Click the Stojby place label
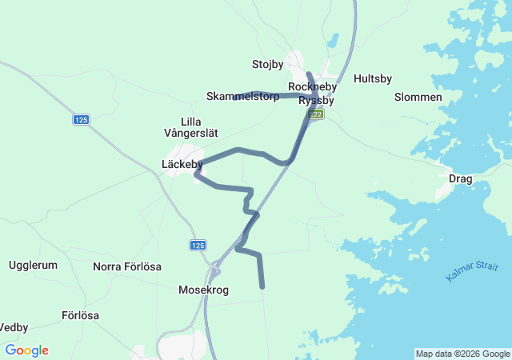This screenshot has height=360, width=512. point(267,64)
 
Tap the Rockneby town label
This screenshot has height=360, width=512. point(312,86)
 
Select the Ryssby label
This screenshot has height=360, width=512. point(316,101)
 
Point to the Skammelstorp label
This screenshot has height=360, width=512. point(242,97)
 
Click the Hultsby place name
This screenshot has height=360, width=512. point(373,79)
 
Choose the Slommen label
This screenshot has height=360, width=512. point(418,97)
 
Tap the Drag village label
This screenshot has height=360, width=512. point(461,178)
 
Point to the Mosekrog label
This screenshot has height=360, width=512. point(203,290)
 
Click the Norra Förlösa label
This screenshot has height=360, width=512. point(127,266)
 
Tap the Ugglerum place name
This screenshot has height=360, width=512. point(33,265)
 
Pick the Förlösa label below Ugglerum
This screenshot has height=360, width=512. point(80,315)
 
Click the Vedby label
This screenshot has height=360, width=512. point(14,327)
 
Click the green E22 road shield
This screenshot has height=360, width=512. point(317,115)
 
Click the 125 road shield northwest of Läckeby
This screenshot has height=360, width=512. point(81,120)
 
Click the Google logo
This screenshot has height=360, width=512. point(26,350)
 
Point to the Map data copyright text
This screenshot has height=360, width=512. point(462,354)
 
